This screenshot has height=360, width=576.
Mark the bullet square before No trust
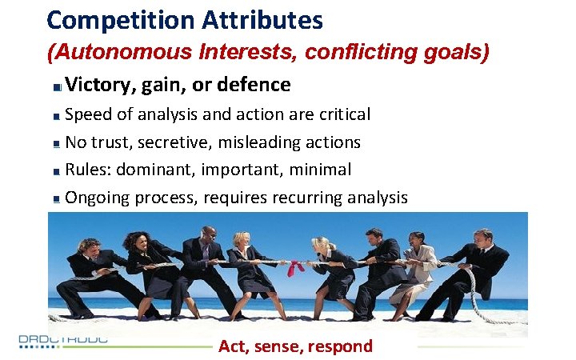55,144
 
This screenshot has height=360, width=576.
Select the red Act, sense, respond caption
296,346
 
